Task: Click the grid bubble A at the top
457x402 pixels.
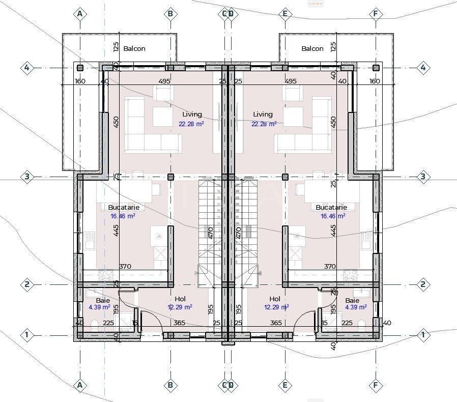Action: [79, 14]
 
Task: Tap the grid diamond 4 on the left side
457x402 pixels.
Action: [27, 67]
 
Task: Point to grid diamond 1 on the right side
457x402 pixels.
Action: [422, 335]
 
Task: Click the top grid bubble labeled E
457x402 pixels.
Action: [285, 14]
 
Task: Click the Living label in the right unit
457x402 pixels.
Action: [263, 114]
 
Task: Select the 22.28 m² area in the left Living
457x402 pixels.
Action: [191, 124]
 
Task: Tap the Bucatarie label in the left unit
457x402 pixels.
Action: [123, 208]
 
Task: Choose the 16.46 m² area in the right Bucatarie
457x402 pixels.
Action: [333, 216]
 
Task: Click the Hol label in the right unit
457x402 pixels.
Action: [275, 299]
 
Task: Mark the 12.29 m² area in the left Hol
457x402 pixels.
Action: [180, 307]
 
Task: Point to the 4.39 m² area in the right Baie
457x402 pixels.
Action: [356, 307]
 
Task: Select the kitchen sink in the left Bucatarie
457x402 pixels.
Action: [90, 239]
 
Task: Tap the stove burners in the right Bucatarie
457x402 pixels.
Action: [350, 275]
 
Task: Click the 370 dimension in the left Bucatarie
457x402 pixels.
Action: [125, 267]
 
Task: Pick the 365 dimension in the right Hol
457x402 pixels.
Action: [276, 323]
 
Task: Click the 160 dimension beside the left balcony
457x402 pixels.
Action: [80, 81]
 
